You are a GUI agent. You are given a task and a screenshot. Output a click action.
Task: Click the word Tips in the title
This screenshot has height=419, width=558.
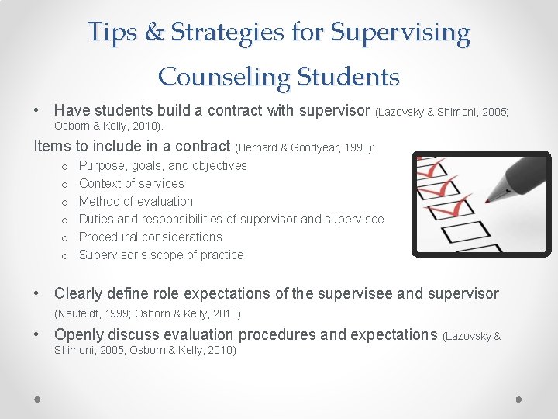[111, 33]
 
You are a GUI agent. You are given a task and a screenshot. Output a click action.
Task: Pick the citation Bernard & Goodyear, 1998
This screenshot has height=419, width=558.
[304, 147]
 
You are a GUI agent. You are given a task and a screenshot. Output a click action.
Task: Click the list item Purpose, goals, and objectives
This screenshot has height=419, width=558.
[163, 165]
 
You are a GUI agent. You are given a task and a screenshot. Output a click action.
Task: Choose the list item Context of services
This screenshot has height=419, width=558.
[132, 183]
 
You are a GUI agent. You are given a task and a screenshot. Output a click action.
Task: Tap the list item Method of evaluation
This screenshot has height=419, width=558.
[136, 201]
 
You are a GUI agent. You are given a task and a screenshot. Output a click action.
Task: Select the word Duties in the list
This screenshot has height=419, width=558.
[97, 219]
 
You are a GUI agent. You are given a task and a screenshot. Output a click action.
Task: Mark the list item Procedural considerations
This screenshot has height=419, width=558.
[150, 237]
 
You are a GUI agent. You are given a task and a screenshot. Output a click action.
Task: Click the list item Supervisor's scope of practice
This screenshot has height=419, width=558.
[161, 255]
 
